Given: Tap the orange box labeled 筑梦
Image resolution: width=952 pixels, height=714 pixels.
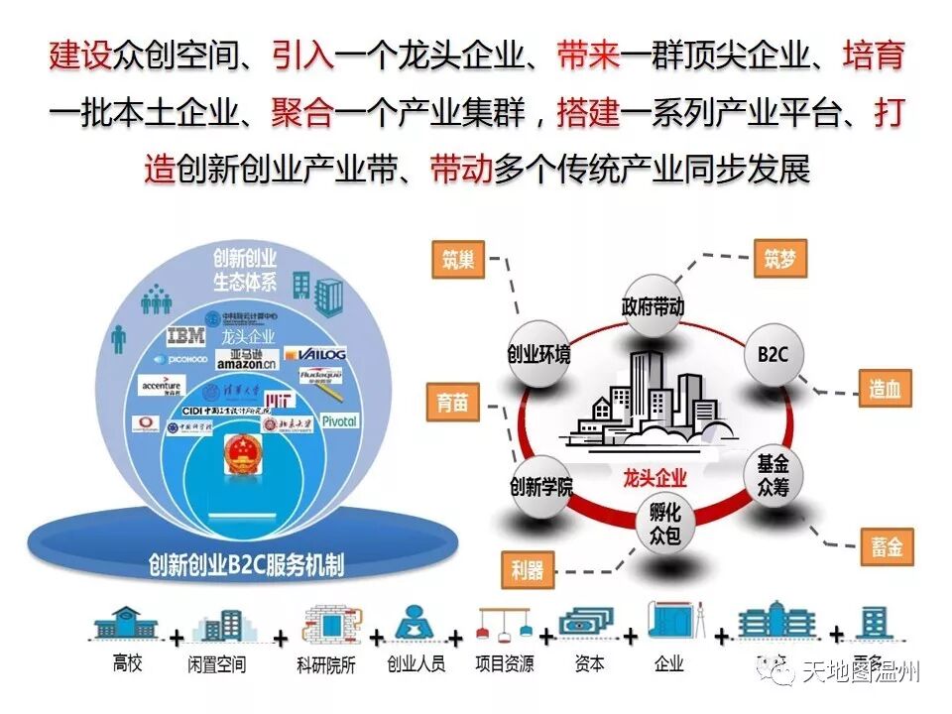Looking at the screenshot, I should pyautogui.click(x=779, y=260).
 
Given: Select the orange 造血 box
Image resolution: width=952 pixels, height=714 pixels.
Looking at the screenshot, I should pyautogui.click(x=885, y=389).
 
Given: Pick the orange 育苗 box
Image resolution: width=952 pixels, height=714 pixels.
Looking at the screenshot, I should pyautogui.click(x=453, y=404).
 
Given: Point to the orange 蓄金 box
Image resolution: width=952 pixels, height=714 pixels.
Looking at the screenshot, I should pyautogui.click(x=887, y=546).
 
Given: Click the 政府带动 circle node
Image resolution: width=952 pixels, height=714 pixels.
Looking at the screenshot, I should pyautogui.click(x=653, y=305).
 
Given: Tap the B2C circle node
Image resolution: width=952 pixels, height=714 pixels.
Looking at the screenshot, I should pyautogui.click(x=773, y=354).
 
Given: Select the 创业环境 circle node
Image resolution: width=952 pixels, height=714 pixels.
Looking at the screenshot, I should pyautogui.click(x=538, y=354).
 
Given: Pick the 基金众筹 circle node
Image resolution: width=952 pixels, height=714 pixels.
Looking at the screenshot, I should pyautogui.click(x=773, y=475).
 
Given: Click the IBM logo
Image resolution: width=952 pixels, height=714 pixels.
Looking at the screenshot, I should pyautogui.click(x=185, y=336).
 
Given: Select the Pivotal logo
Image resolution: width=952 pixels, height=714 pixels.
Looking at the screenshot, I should pyautogui.click(x=338, y=420).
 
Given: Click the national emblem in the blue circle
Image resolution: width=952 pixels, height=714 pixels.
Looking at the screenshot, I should pyautogui.click(x=239, y=457).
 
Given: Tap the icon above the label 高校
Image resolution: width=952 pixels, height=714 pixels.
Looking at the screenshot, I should pyautogui.click(x=126, y=624).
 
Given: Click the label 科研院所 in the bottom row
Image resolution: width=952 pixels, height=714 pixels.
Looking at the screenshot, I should pyautogui.click(x=326, y=664).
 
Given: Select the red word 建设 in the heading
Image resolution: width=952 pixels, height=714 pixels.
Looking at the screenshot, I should pyautogui.click(x=80, y=55).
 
